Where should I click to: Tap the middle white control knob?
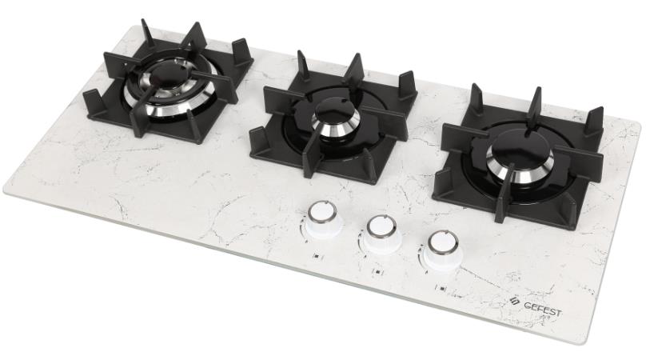tap(381, 234)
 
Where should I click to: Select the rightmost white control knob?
tap(442, 249)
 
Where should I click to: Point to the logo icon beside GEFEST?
tap(515, 301)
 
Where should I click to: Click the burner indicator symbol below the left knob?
tap(317, 256)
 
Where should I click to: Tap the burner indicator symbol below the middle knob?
tap(377, 272)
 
